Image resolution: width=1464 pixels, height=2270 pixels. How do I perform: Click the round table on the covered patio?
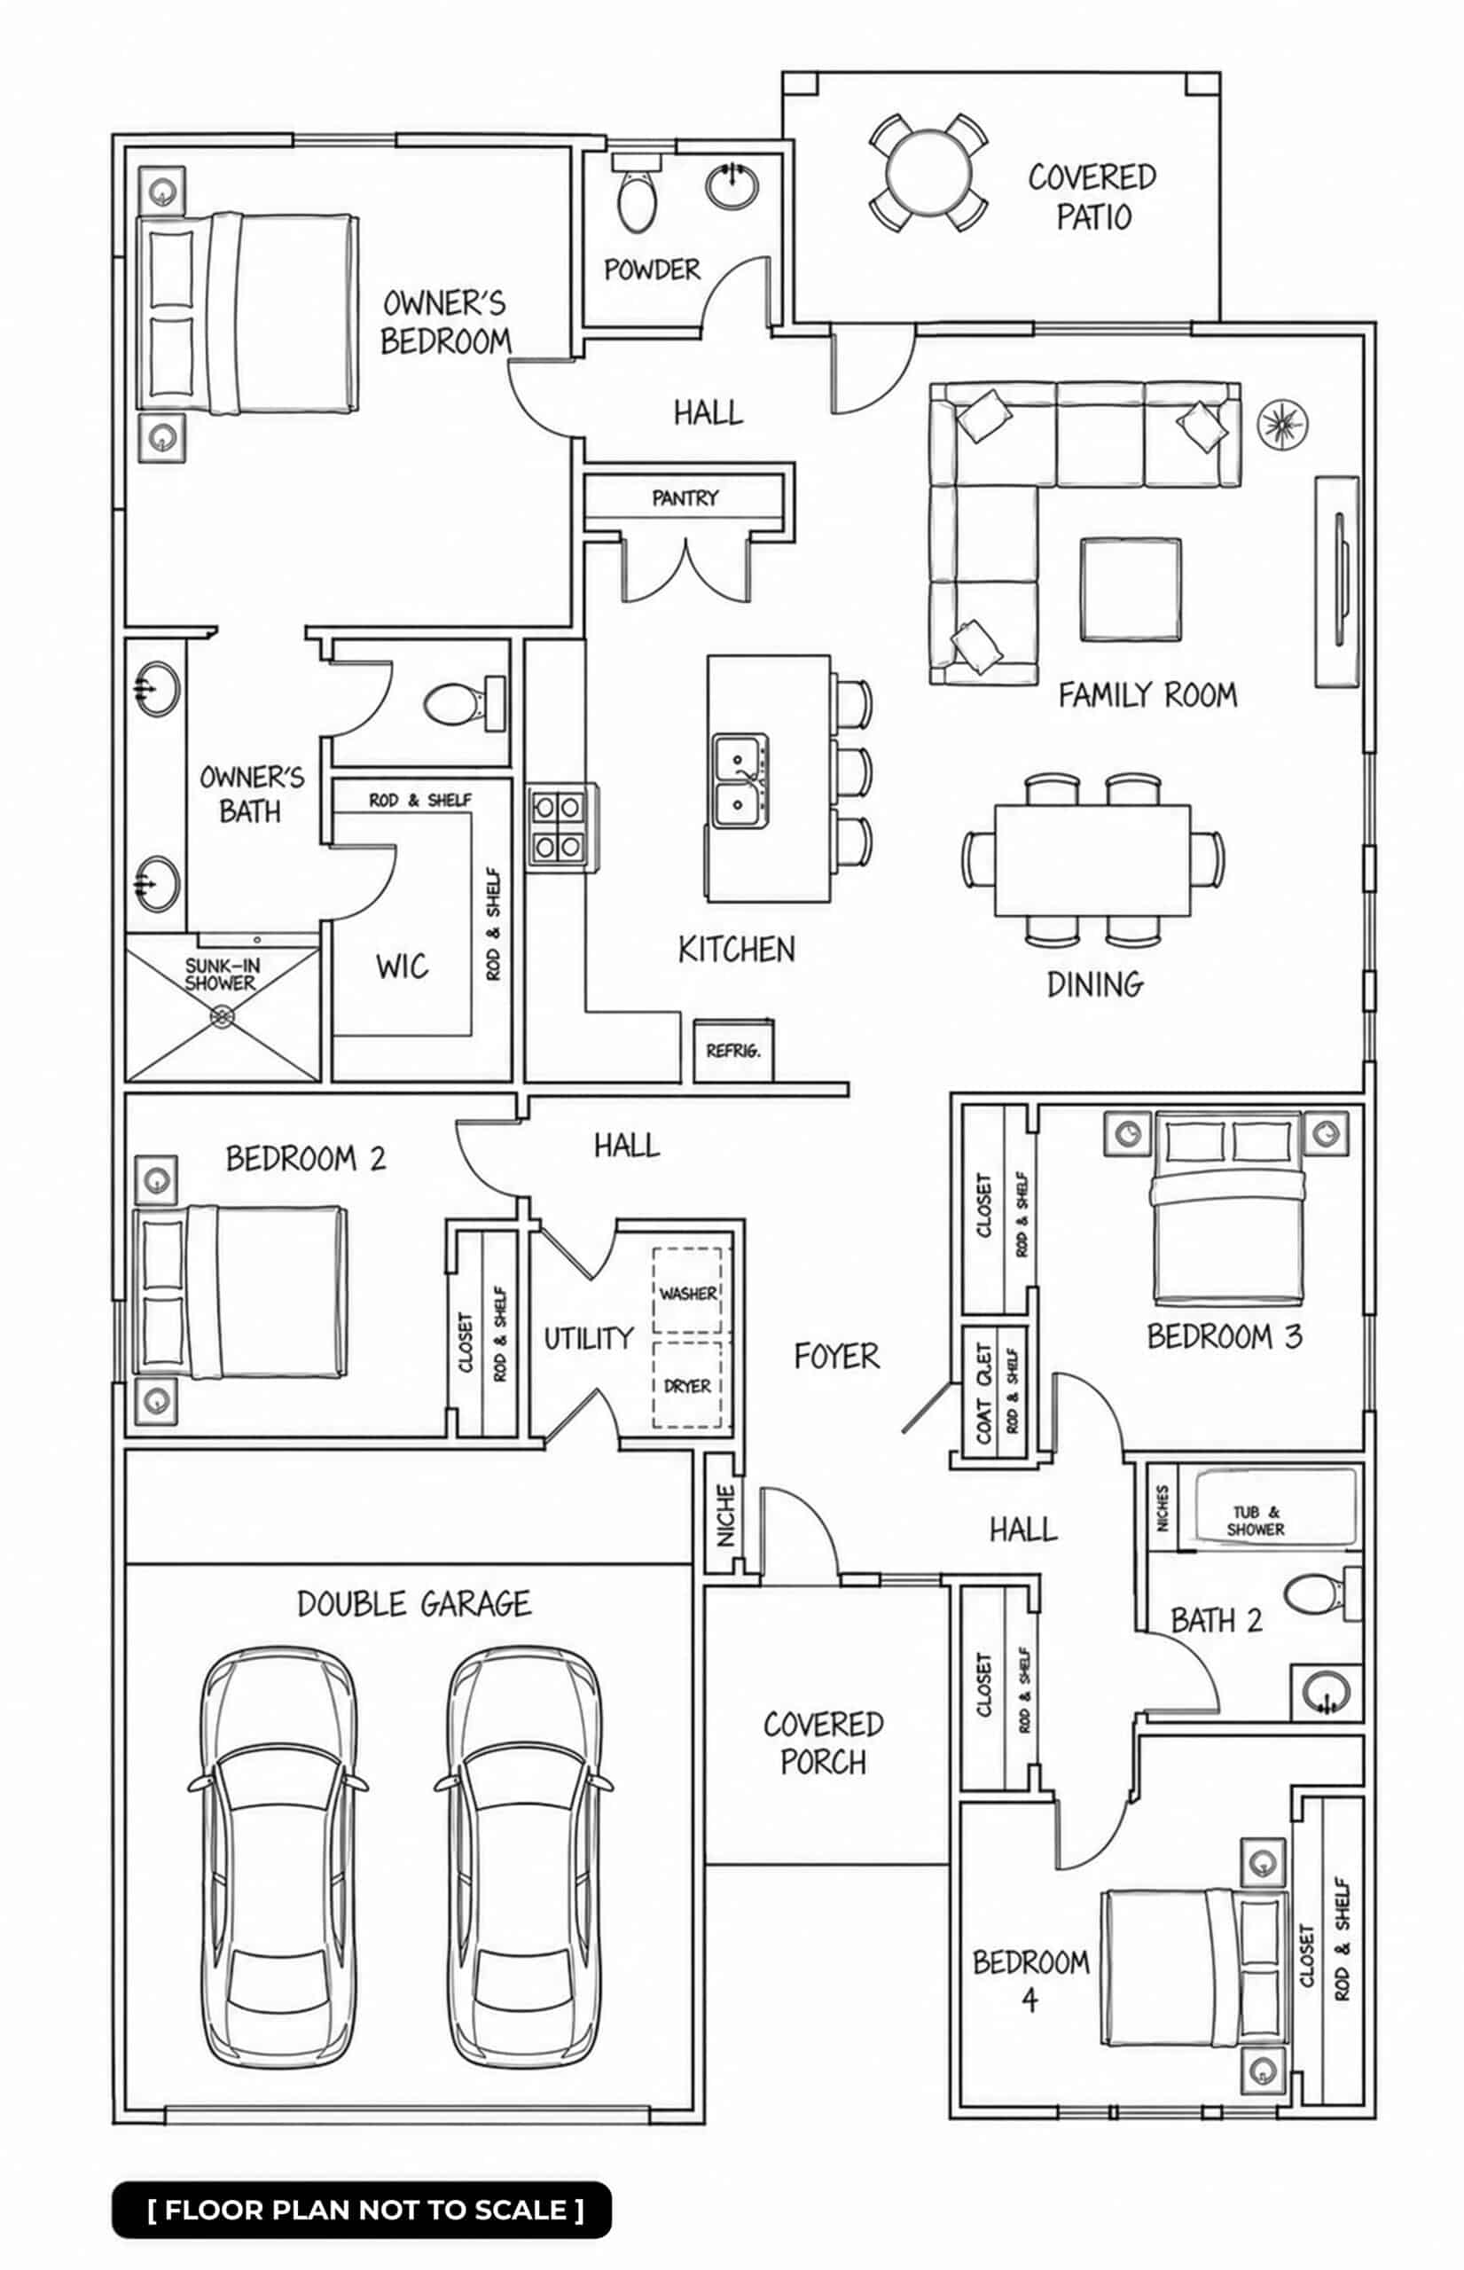(928, 174)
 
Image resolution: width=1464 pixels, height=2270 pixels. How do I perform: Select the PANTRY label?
(685, 497)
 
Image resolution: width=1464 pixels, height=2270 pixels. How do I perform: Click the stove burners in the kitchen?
(558, 826)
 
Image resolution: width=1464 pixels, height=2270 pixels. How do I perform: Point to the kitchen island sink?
(740, 780)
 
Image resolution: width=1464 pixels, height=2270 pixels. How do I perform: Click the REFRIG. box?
(733, 1051)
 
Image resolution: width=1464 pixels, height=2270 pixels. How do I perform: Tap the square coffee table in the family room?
(1131, 590)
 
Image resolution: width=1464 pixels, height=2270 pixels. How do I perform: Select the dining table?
(1092, 860)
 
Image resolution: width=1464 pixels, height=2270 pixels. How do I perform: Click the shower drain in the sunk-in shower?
(223, 1016)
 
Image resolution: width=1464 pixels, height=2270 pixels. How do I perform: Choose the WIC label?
(402, 967)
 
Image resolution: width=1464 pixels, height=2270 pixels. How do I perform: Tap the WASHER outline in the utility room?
(687, 1291)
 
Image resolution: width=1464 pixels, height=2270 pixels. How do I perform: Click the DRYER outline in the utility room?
(687, 1384)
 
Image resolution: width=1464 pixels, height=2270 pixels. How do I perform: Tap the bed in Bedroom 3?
(1227, 1209)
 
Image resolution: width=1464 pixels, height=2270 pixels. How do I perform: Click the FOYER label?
(836, 1356)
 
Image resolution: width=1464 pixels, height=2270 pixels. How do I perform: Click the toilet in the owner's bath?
(465, 703)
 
